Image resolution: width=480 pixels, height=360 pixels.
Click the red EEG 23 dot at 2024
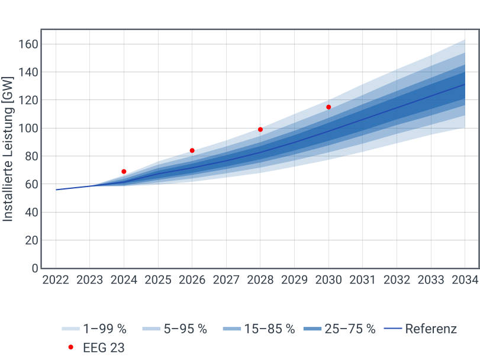(124, 172)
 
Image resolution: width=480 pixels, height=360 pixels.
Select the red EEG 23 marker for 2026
(192, 150)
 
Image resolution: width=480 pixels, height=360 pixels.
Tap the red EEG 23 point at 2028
(260, 130)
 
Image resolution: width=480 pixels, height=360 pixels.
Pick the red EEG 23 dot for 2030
(328, 107)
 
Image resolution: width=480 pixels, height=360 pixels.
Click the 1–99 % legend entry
(94, 329)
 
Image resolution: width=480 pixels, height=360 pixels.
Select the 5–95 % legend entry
(174, 329)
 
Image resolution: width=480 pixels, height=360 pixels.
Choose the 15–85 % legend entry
(259, 329)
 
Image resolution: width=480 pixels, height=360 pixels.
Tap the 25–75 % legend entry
(339, 329)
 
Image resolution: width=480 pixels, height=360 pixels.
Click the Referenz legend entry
(420, 329)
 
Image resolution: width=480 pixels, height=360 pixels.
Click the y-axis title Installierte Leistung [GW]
(8, 149)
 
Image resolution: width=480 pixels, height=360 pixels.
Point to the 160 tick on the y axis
(28, 44)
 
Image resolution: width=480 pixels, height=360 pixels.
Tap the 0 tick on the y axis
(35, 268)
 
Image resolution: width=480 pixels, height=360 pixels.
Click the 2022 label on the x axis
(56, 280)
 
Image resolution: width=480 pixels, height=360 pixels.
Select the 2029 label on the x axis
(295, 280)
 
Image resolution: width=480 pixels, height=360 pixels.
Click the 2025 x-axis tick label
(158, 280)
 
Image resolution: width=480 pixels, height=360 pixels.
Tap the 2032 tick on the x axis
(397, 280)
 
